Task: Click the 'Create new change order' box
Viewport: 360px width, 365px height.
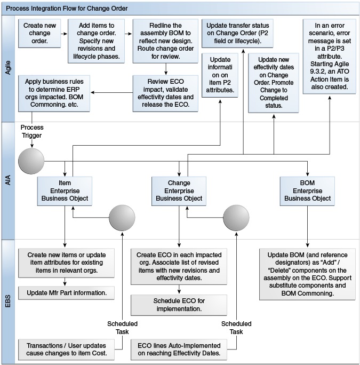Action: coord(40,33)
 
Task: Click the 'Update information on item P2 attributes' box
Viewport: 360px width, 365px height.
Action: coord(221,75)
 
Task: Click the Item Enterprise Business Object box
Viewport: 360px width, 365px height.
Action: coord(65,191)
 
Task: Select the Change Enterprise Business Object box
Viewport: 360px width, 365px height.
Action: coord(179,191)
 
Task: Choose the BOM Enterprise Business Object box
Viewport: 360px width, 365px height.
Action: coord(307,191)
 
